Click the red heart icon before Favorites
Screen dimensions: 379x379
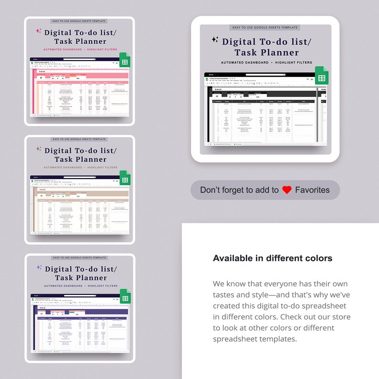click(286, 190)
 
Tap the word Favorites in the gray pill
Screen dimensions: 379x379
click(312, 190)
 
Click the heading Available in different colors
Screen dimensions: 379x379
click(272, 258)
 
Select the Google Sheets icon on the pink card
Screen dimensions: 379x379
click(125, 61)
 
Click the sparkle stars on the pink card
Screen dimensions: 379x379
click(39, 31)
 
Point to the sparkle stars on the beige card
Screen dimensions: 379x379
click(39, 149)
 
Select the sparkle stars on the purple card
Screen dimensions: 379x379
click(39, 267)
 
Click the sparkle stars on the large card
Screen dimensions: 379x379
click(215, 40)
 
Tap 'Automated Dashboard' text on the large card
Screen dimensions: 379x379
click(242, 63)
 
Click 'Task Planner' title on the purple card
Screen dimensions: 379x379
click(80, 278)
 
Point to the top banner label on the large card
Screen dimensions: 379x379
click(265, 28)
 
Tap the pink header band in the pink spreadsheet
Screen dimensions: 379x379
click(81, 75)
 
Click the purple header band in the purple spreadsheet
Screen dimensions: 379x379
click(81, 312)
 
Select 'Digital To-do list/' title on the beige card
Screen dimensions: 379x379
click(80, 150)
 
